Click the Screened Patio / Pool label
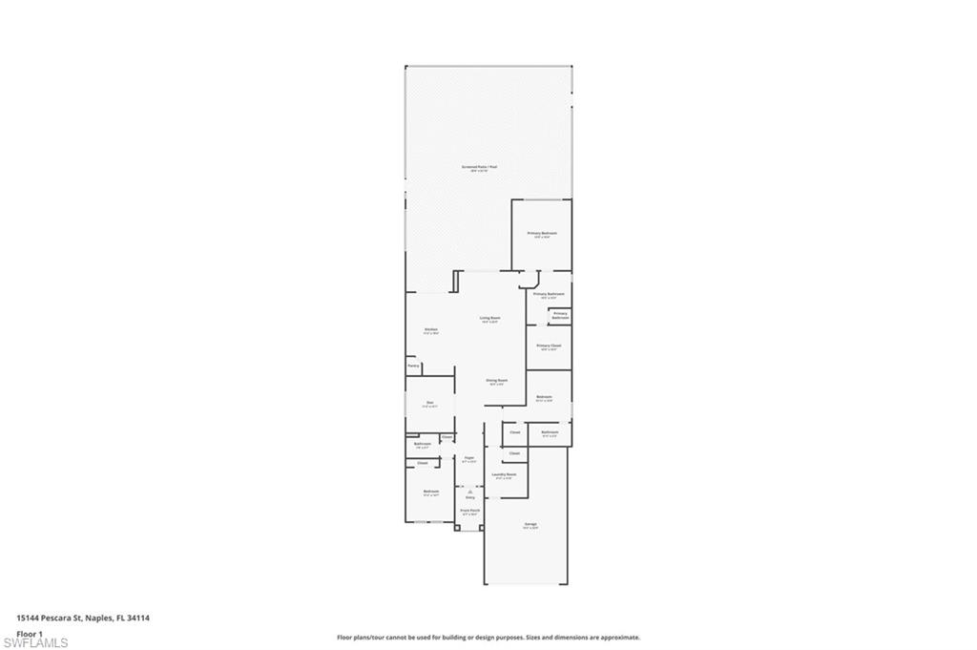point(480,167)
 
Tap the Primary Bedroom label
point(542,234)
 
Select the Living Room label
point(490,319)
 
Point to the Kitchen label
point(431,330)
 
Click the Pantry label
point(413,366)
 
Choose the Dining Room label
point(496,380)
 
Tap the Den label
point(430,403)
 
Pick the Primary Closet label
point(549,346)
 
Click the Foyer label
point(469,458)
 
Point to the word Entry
point(469,498)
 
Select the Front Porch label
point(469,512)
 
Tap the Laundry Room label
point(504,474)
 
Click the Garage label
point(530,524)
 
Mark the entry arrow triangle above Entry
point(469,491)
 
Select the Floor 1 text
point(30,633)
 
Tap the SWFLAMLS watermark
point(36,642)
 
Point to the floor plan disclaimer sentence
point(488,638)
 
